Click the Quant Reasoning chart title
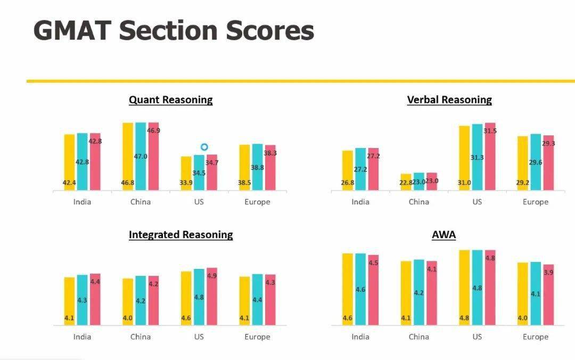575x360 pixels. (x=170, y=100)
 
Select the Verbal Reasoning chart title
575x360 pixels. (x=449, y=100)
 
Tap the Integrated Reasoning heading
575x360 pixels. (x=180, y=234)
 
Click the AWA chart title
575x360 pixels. (x=443, y=234)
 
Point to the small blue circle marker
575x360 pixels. (x=204, y=147)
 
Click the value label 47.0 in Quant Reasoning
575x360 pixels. (x=141, y=157)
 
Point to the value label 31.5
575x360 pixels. (x=490, y=131)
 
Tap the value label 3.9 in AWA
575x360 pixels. (x=548, y=272)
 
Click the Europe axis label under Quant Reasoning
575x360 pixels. (x=257, y=202)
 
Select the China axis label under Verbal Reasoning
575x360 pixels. (x=418, y=202)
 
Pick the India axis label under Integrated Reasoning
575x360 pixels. (x=82, y=337)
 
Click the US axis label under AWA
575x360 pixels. (x=477, y=337)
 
